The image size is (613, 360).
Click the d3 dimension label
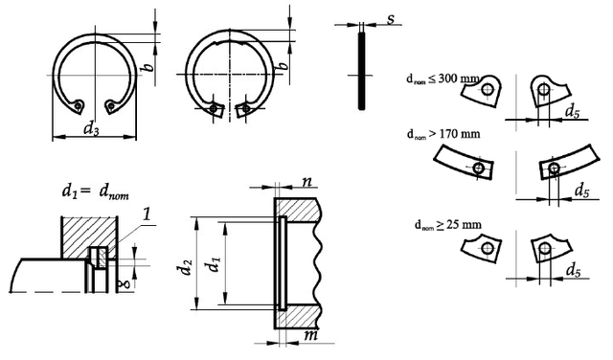(91, 128)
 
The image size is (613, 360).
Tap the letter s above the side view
(391, 19)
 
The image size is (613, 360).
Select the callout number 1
(147, 214)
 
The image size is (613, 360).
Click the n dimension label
(307, 181)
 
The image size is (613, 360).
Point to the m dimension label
(310, 335)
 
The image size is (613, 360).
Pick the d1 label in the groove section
(213, 264)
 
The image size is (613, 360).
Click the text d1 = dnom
(95, 191)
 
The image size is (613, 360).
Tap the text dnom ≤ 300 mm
(443, 79)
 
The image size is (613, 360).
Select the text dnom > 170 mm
(443, 134)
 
